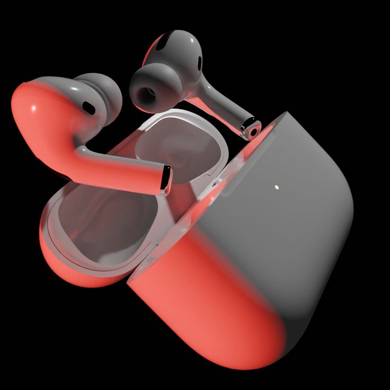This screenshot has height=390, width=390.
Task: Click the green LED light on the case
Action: [x=277, y=187]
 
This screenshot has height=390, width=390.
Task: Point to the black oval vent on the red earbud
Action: [x=88, y=108]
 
